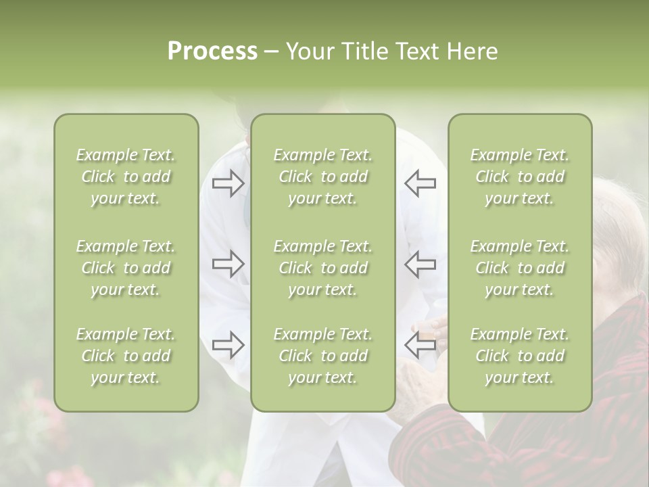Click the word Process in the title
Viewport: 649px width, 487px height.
coord(212,51)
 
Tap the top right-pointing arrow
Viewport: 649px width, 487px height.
coord(228,183)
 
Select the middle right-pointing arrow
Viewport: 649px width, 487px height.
coord(228,264)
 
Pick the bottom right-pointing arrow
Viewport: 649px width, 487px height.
coord(228,345)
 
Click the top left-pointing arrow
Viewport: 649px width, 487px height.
coord(420,183)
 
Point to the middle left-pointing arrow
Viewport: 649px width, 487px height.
coord(420,264)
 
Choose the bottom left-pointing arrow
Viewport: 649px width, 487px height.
coord(420,345)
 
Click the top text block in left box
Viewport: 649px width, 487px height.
coord(126,177)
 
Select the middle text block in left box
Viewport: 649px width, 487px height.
coord(126,268)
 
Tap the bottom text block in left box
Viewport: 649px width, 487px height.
coord(126,356)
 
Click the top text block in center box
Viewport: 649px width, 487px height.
coord(323,177)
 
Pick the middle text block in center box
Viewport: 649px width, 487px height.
coord(323,268)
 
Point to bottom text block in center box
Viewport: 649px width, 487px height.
coord(323,356)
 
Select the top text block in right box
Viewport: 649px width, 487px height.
coord(520,177)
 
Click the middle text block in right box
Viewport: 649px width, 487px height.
coord(520,268)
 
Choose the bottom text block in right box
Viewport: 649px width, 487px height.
coord(520,356)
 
